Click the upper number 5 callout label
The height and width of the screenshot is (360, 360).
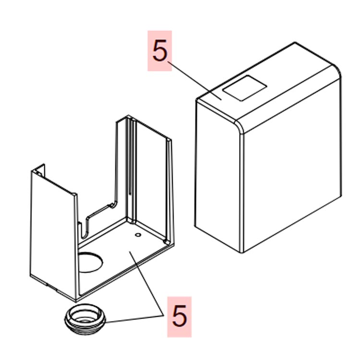[x=159, y=51]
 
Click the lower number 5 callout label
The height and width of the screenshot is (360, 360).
[x=180, y=317]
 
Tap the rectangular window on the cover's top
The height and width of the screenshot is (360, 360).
[x=245, y=88]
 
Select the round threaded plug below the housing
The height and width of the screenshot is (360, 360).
[x=85, y=319]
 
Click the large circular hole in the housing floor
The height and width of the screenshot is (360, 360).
[x=90, y=262]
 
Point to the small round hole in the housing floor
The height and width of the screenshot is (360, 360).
[x=138, y=235]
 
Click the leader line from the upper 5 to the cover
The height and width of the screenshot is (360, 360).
[x=194, y=81]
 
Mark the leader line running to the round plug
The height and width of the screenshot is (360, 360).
[x=134, y=319]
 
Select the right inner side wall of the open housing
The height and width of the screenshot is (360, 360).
[x=152, y=181]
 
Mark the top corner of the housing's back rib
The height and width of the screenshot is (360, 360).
[x=129, y=117]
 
